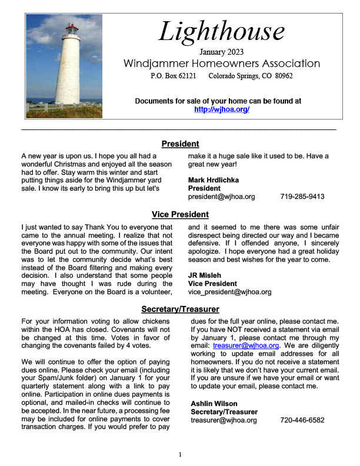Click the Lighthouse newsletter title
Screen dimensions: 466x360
(x=222, y=31)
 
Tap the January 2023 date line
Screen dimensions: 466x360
(x=222, y=52)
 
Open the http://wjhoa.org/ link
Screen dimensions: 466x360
(x=222, y=109)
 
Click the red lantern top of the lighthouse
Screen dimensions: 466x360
(x=71, y=29)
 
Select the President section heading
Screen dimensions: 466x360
(x=180, y=144)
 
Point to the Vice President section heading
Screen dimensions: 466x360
(x=180, y=214)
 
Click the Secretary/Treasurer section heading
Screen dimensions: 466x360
(x=180, y=309)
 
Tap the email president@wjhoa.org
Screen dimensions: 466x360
(x=221, y=197)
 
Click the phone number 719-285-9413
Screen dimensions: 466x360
(x=302, y=197)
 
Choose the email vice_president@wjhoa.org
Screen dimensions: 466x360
(x=229, y=291)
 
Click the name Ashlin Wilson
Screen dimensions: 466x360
(x=214, y=403)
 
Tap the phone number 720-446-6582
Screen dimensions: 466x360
(x=302, y=420)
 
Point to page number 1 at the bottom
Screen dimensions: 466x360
(x=181, y=455)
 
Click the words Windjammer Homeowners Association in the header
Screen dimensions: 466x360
(x=222, y=64)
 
